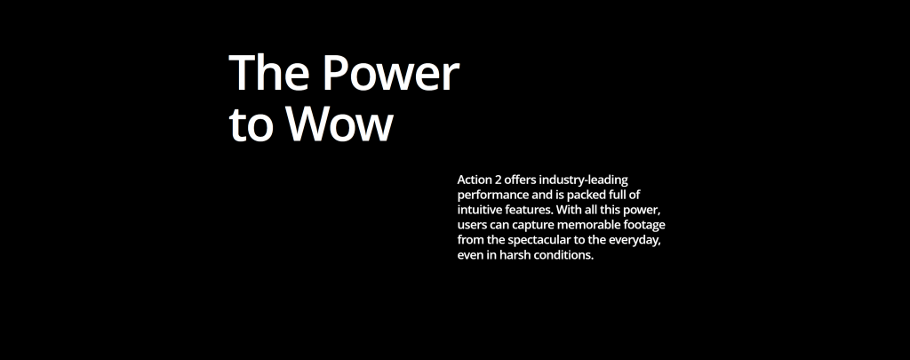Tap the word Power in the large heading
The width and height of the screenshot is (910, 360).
click(391, 73)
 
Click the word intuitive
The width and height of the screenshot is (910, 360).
click(477, 210)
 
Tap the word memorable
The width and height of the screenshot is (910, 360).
click(582, 225)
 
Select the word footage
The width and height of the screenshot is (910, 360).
click(642, 226)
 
